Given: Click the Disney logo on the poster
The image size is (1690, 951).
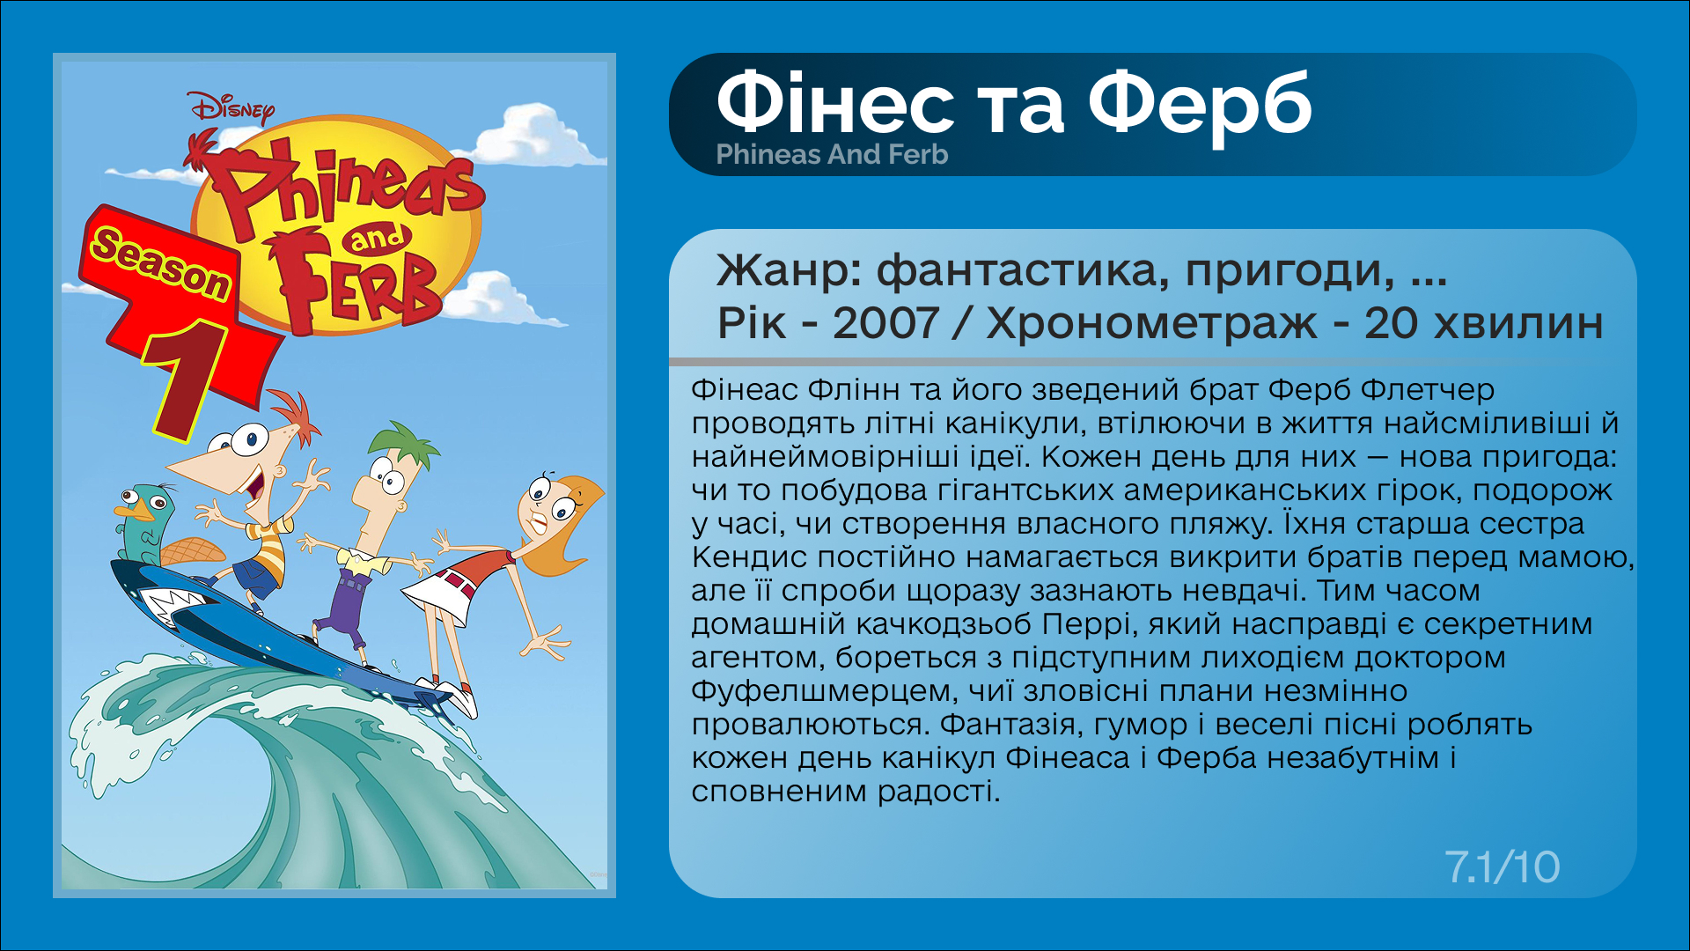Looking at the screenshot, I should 231,108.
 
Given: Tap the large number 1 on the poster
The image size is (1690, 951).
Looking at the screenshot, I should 187,379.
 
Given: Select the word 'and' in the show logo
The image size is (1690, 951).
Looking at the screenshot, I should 377,238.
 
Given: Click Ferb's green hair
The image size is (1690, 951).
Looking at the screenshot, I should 405,445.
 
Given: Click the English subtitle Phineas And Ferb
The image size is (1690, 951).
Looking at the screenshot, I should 832,155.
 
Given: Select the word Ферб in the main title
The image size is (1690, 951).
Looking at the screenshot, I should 1200,106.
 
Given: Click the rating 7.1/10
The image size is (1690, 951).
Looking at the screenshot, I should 1502,867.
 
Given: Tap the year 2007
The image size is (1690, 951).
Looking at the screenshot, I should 885,323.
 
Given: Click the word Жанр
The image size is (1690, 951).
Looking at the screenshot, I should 789,269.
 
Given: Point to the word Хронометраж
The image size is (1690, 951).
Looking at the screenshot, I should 1151,323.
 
